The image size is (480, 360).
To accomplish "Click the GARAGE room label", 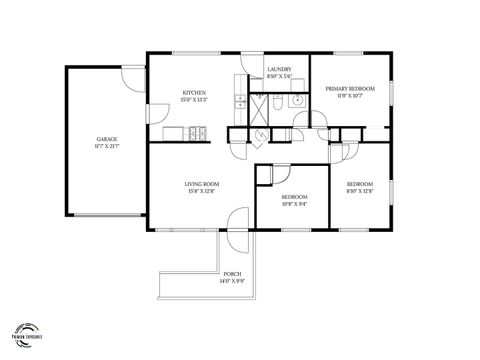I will [x=107, y=139].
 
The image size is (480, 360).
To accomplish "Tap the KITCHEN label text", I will [x=194, y=93].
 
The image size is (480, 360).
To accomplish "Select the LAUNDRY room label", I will [x=279, y=70].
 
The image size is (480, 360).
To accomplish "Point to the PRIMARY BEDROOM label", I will [x=349, y=89].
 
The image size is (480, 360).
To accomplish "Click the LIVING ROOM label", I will [x=202, y=184].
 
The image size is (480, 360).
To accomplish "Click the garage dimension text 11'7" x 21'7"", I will [x=107, y=147].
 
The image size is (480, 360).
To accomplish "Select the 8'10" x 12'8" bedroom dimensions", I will [x=360, y=191].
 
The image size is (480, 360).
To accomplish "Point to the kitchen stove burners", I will [x=197, y=132].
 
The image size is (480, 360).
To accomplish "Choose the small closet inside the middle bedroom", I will [x=265, y=174].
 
